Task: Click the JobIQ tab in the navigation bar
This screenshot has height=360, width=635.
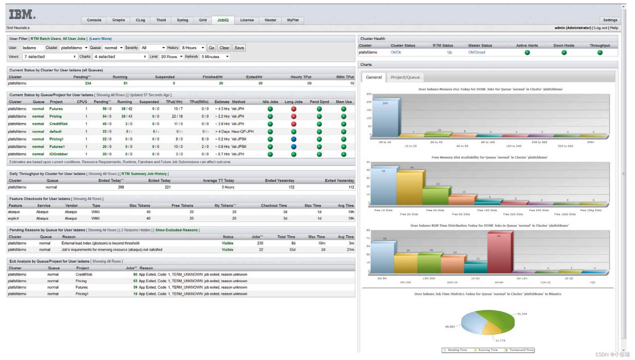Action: click(223, 20)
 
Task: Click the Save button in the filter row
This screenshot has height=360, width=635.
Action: click(239, 48)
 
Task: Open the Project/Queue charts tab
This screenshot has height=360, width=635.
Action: click(405, 77)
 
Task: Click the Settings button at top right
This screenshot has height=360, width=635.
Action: click(610, 20)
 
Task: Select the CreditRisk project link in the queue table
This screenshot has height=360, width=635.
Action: click(59, 124)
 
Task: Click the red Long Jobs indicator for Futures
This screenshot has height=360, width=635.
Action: click(293, 109)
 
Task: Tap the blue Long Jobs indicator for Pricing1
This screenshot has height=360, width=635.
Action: click(293, 139)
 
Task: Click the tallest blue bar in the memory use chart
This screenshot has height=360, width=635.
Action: click(385, 118)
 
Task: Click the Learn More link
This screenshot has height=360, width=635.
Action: click(100, 39)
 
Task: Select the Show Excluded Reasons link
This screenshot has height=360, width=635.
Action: click(177, 230)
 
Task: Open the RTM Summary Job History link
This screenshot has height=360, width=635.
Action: click(144, 174)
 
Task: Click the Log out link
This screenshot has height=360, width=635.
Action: click(600, 28)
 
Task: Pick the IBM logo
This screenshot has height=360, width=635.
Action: click(22, 14)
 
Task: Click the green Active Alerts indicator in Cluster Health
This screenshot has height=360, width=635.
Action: click(527, 52)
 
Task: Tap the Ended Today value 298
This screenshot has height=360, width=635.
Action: click(121, 187)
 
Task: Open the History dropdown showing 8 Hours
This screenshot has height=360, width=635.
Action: click(193, 48)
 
